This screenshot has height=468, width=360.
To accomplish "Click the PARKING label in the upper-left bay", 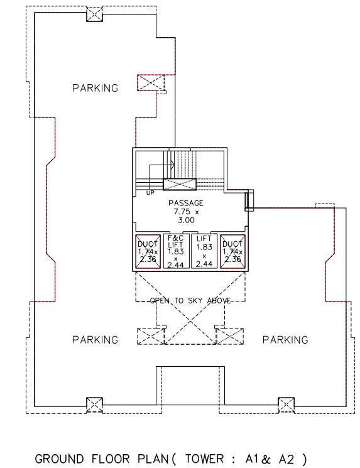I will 95,88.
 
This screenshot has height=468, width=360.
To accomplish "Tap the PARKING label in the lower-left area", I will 95,340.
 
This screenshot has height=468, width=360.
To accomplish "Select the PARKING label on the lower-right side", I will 285,340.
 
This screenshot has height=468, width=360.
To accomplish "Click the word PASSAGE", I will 185,204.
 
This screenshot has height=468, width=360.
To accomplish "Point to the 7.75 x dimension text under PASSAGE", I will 185,212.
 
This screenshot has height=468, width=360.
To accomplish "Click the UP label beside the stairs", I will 150,192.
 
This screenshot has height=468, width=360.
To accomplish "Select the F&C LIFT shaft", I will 177,251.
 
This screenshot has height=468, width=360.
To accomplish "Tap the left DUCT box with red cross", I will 149,251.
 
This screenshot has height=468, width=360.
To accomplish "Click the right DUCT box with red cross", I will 232,251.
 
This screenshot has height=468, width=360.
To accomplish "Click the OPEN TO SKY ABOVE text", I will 190,301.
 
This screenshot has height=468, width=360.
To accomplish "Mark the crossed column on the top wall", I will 94,14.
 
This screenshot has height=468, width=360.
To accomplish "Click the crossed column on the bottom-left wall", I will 94,404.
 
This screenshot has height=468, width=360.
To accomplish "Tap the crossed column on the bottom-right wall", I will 286,404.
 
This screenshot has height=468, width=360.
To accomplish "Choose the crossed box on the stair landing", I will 180,184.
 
